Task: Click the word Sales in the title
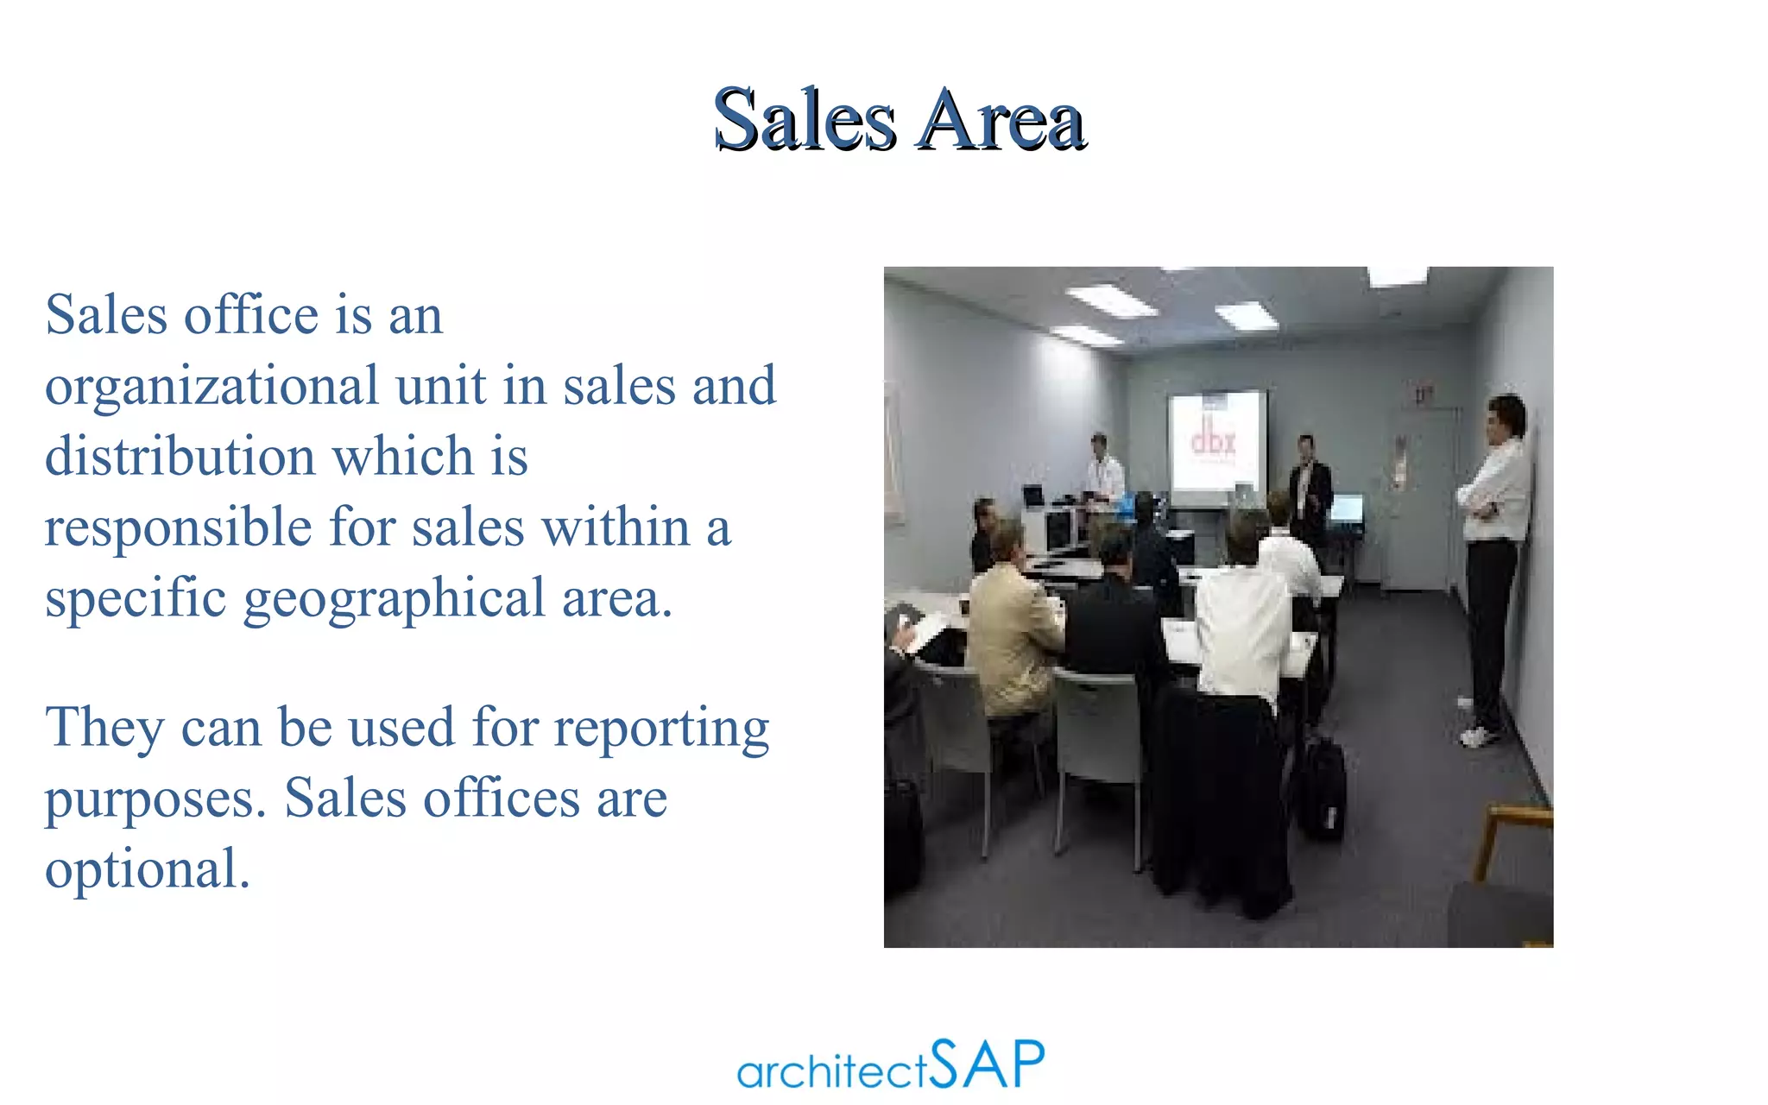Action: [x=804, y=120]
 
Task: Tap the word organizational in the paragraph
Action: [x=212, y=386]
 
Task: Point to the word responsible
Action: [x=178, y=527]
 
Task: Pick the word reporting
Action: [x=661, y=729]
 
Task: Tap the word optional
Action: [x=147, y=869]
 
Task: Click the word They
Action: [x=104, y=727]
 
